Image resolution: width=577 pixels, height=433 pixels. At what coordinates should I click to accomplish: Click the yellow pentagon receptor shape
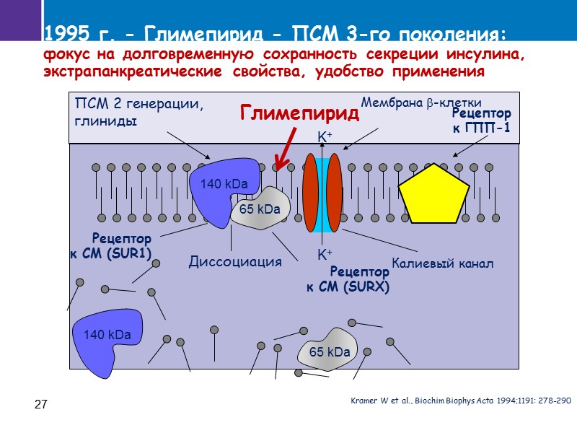tap(434, 194)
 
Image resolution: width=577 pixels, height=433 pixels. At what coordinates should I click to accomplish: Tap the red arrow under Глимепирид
tap(283, 151)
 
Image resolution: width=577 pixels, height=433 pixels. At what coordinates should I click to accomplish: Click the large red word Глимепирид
tap(299, 113)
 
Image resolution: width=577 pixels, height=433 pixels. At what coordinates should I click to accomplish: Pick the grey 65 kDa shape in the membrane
tap(260, 209)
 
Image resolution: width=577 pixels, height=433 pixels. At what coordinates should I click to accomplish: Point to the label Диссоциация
tap(234, 261)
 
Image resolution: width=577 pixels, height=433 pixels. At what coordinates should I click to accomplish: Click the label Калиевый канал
tap(442, 263)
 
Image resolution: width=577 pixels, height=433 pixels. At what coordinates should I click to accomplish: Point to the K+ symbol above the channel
tap(325, 136)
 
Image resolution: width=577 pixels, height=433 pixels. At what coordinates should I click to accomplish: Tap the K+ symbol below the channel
tap(325, 255)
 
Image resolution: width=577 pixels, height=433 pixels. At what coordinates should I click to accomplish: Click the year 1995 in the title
tap(63, 33)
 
